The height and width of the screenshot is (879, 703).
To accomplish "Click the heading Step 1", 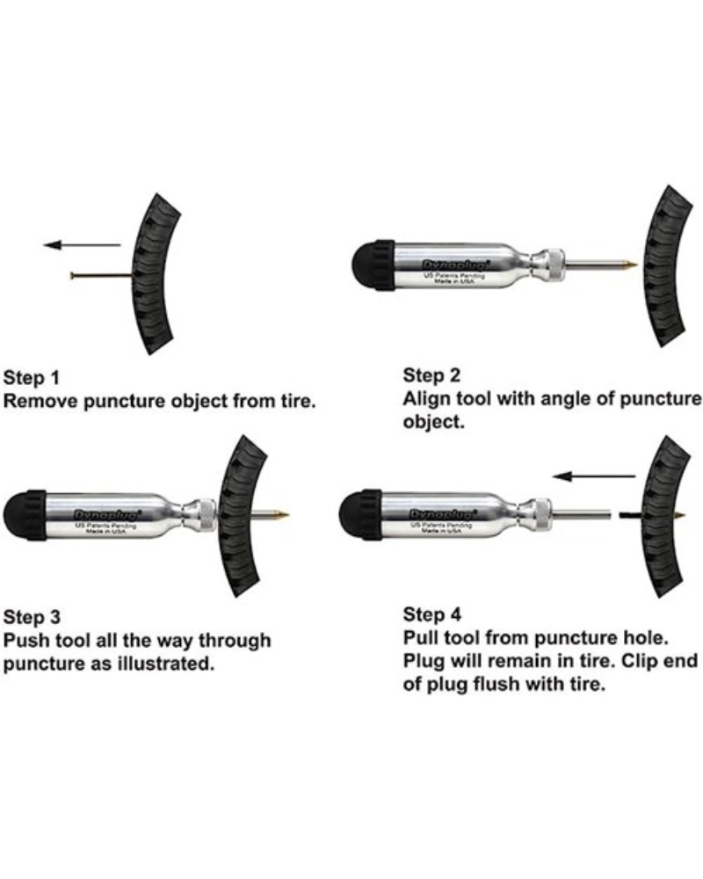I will click(33, 379).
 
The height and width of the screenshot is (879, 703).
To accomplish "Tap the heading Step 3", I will click(33, 615).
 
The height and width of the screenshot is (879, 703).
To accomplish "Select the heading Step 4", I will click(431, 614).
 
